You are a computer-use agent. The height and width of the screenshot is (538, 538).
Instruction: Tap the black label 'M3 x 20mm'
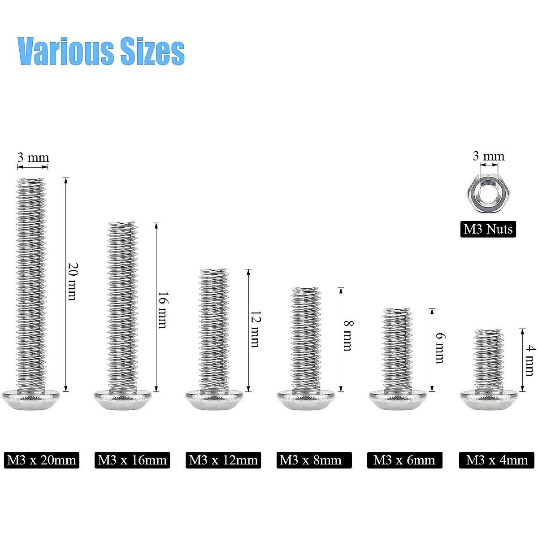coord(42,460)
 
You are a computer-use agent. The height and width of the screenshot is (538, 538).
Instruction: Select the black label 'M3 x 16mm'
coord(132,460)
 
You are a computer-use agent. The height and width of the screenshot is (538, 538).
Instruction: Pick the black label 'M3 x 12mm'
coord(223,460)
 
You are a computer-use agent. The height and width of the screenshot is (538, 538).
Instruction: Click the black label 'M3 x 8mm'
coord(314,460)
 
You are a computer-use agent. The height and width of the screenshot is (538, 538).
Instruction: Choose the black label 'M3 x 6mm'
coord(404,460)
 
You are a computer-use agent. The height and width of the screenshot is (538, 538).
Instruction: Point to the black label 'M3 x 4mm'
coord(497,460)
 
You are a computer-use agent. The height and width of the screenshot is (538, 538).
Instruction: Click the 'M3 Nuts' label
coord(488,229)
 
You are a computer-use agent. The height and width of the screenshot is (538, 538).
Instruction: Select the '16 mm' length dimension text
coord(163,310)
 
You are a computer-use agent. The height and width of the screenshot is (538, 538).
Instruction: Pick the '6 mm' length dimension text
coord(439,348)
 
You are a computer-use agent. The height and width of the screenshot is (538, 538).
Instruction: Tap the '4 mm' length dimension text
coord(530,360)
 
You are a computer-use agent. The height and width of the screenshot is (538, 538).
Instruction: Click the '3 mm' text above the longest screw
coord(33,158)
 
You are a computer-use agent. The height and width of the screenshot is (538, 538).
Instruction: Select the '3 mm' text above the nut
coord(488,156)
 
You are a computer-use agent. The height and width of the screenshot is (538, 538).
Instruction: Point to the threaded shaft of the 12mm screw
coord(213,330)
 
